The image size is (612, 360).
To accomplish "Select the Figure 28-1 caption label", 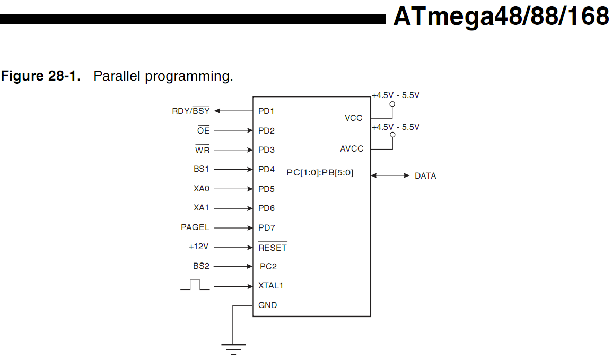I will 41,76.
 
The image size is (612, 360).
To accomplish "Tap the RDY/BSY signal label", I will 190,111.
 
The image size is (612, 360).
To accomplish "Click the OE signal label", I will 203,130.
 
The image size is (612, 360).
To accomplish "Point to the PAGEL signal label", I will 195,227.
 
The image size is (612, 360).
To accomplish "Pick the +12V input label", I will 198,247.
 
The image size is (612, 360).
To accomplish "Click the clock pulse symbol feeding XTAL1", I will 195,285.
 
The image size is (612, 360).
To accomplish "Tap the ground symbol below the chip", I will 233,348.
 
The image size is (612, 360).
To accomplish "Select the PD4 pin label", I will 266,170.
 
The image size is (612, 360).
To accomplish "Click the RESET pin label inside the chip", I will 272,248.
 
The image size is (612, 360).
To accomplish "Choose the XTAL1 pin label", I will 270,286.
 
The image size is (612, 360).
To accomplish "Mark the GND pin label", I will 267,305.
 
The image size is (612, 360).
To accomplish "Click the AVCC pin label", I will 352,149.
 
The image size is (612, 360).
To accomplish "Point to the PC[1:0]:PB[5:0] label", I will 320,172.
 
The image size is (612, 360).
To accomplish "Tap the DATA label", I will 425,176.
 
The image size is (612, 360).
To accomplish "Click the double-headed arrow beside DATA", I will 390,175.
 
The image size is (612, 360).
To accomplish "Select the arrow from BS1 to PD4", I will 233,170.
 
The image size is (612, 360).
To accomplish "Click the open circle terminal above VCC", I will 392,104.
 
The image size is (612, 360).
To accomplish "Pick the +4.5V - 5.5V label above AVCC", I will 396,127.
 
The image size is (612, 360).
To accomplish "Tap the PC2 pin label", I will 268,267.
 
